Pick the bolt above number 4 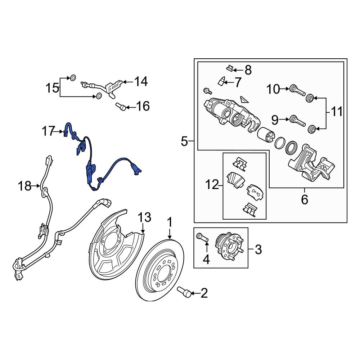(202, 237)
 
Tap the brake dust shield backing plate (108, 248)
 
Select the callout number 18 (25, 186)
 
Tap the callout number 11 (337, 112)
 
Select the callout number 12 (213, 185)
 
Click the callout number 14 (141, 82)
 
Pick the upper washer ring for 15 (73, 77)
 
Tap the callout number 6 (305, 199)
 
